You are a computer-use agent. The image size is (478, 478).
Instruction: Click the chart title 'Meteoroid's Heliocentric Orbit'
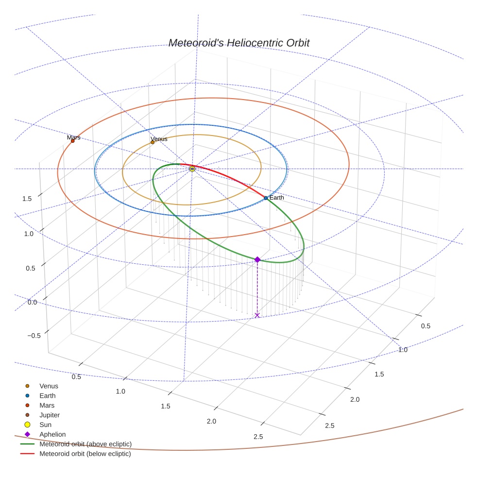(239, 43)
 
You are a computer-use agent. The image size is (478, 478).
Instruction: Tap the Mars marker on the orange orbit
(73, 141)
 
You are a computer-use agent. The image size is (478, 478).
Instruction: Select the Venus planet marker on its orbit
(153, 142)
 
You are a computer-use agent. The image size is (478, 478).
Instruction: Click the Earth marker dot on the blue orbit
(266, 198)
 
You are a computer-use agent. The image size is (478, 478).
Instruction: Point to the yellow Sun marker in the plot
(192, 169)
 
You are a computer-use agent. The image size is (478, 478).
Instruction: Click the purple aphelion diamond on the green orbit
(257, 260)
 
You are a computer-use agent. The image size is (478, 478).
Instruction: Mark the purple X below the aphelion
(257, 315)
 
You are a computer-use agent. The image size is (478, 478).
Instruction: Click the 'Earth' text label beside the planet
(277, 198)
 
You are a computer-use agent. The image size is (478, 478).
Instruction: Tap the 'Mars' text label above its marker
(74, 137)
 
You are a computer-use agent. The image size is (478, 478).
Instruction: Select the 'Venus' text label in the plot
(159, 139)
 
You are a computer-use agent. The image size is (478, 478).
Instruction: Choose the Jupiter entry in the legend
(50, 415)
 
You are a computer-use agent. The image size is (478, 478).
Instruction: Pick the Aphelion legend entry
(52, 434)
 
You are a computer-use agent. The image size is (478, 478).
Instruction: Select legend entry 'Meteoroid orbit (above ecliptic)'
(85, 444)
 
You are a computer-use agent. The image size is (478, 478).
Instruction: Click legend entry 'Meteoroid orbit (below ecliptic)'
(85, 454)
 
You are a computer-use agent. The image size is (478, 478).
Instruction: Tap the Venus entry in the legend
(49, 386)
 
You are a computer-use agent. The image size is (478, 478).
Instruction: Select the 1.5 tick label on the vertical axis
(27, 199)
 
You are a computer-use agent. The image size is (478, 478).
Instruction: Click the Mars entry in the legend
(47, 406)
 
